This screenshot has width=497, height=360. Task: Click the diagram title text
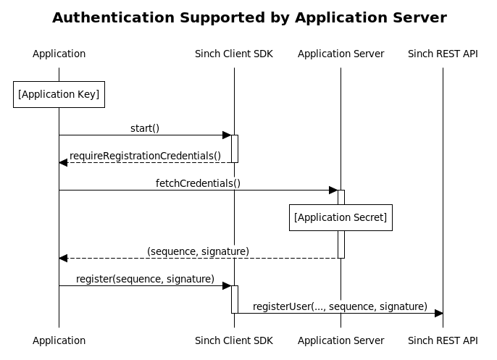pos(249,17)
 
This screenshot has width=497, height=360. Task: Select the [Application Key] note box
pos(59,94)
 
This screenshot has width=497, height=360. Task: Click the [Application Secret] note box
pos(341,217)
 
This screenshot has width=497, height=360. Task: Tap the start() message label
pos(145,128)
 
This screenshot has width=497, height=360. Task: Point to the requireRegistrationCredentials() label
pos(145,156)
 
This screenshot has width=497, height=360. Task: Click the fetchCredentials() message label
pos(198,183)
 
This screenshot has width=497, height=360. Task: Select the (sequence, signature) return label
pos(198,251)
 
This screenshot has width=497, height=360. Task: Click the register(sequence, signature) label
pos(145,279)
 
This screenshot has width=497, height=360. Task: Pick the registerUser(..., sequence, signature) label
pos(340,306)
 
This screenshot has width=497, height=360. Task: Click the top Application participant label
pos(59,54)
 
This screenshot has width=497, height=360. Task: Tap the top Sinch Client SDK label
pos(234,54)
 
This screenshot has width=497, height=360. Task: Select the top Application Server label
pos(341,54)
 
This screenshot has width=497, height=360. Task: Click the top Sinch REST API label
pos(443,54)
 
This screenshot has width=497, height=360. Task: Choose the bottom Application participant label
pos(59,340)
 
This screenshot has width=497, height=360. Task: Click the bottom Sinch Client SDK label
pos(234,340)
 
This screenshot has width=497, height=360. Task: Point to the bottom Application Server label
pos(341,340)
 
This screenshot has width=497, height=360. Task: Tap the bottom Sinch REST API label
pos(443,340)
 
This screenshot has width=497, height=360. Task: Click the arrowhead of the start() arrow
pos(226,135)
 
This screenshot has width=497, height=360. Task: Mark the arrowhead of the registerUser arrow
pos(438,313)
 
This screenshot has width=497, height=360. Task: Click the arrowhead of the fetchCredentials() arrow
pos(333,190)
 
